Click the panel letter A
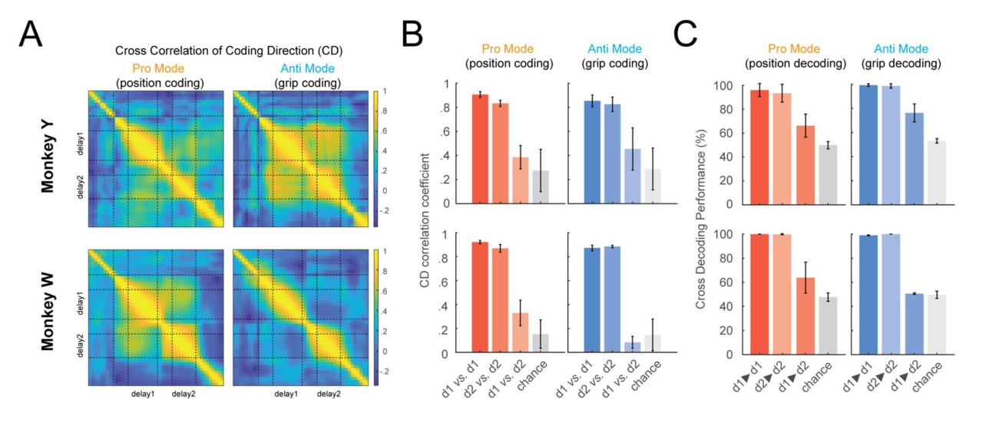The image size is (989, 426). pos(31,34)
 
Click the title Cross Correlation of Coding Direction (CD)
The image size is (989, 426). pos(229,51)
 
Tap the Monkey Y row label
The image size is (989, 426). pos(48,157)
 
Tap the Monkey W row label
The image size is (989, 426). pos(48,312)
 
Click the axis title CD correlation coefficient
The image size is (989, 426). pos(425,220)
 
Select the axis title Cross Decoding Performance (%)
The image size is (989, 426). pos(701,219)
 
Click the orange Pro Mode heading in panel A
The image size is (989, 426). pos(158,68)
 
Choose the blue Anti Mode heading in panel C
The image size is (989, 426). pos(901,48)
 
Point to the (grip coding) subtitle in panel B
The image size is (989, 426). pos(614,64)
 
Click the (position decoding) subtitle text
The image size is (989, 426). pos(795,64)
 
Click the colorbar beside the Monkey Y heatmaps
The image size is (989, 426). pos(375,159)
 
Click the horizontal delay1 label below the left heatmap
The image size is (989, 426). pos(143,394)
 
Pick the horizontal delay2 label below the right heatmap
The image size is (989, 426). pos(329,394)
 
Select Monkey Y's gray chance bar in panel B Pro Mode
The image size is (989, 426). pos(541,187)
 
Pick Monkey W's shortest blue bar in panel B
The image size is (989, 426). pos(632,348)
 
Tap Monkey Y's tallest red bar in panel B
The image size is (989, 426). pos(481,149)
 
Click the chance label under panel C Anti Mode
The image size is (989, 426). pos(927,377)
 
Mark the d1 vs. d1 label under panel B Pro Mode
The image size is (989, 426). pos(458,379)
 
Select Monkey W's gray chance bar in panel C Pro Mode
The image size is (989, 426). pos(828,325)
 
